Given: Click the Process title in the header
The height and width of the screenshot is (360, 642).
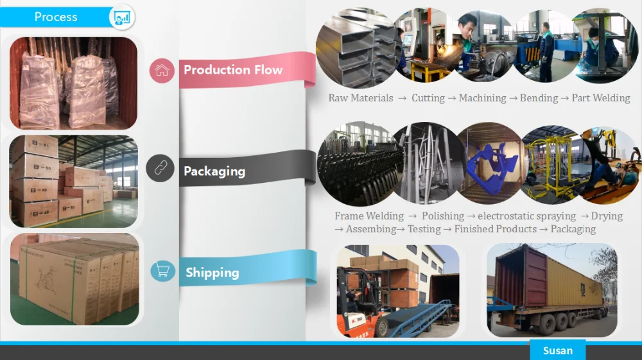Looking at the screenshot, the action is pos(56,17).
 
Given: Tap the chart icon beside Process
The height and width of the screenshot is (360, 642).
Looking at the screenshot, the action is pos(121,17).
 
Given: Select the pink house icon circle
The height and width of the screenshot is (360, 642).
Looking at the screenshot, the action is pos(162,71).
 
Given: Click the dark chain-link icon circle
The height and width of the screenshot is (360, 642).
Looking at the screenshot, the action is pos(160,169).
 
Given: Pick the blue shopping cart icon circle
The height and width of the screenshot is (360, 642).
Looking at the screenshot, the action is pos(163,271).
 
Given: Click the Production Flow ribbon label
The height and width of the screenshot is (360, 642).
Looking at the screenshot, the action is pos(232,70).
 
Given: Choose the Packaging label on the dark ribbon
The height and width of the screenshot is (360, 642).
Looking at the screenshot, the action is pos(214,171).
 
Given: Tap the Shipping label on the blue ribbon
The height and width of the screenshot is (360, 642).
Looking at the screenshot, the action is pos(212,273).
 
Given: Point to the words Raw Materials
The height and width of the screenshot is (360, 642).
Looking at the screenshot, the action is pos(361,98).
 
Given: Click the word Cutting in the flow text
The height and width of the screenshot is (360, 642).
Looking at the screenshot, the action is pos(428,98).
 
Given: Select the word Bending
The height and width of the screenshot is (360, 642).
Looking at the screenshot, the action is pos(539,98).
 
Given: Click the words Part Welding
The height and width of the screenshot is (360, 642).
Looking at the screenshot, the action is pos(601,98).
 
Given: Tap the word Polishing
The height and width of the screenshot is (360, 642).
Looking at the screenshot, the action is pos(442,216).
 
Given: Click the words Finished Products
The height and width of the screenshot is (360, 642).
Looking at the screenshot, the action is pos(495,229).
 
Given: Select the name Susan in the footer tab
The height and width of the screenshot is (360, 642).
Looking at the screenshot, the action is pos(557,350).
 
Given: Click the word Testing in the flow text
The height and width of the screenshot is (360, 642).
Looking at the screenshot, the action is pos(424,229).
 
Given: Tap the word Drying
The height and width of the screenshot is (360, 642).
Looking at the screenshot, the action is pos(607,216).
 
